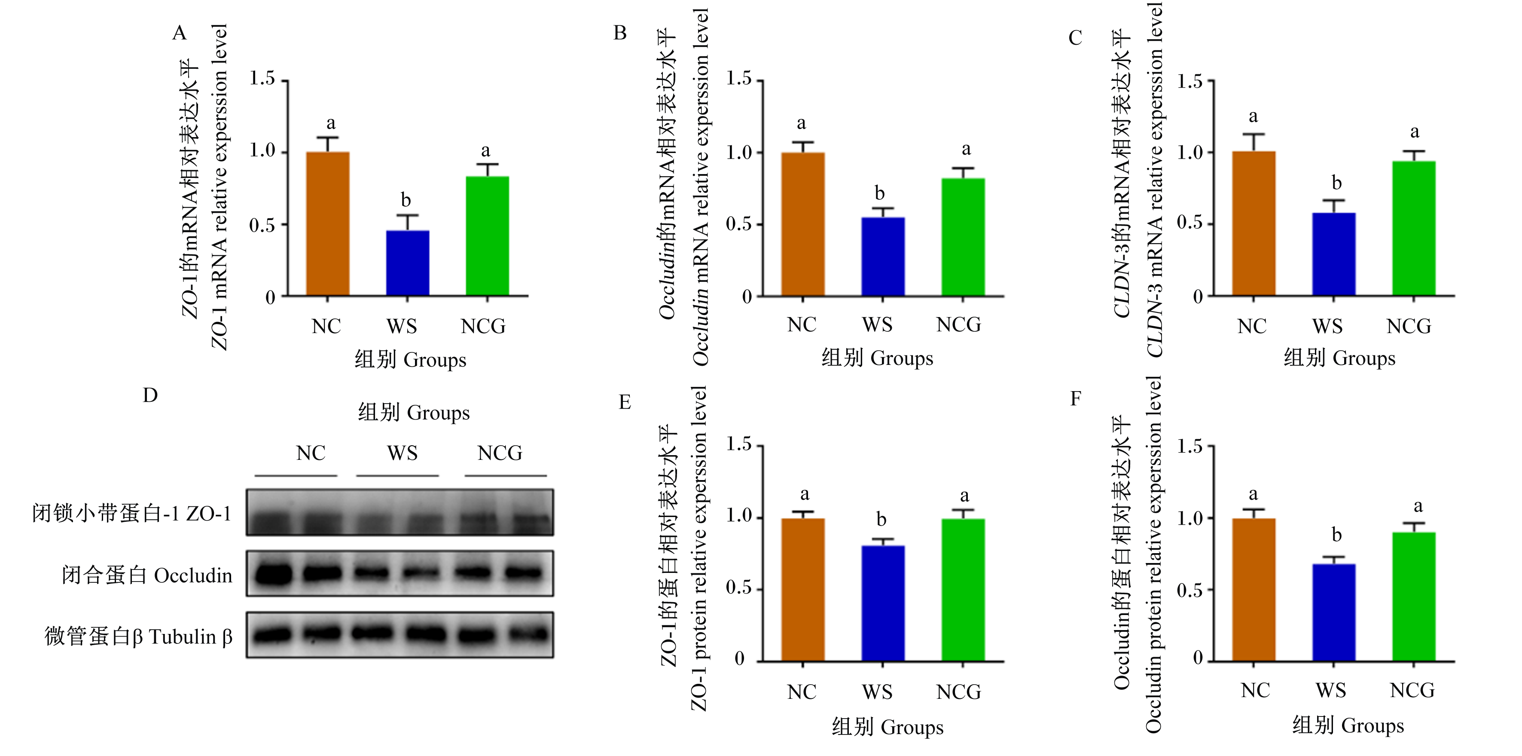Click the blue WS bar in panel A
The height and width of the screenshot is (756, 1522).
click(408, 263)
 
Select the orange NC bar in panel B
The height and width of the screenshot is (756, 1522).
click(803, 224)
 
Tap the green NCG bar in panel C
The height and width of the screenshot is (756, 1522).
click(1414, 228)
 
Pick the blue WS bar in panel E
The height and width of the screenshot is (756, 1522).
click(883, 603)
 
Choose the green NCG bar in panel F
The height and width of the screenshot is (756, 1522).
click(1414, 597)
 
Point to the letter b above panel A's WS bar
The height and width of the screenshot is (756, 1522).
click(406, 200)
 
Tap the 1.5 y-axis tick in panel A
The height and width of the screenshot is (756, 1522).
click(262, 79)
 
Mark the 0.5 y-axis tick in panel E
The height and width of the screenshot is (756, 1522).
click(739, 588)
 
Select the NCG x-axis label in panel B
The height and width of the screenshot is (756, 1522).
click(958, 324)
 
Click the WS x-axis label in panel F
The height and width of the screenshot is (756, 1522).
click(1330, 690)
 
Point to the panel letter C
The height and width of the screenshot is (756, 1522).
click(1075, 38)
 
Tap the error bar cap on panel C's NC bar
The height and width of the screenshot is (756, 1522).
click(1253, 134)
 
